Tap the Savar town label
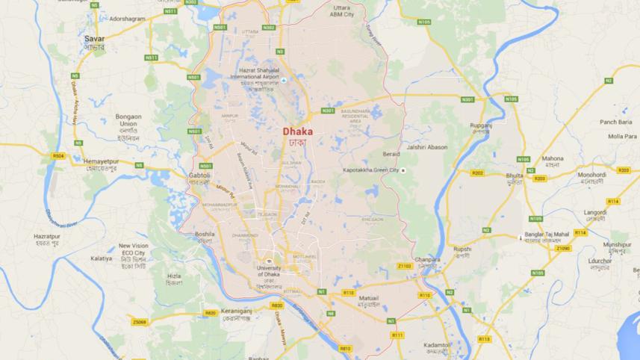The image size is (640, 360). click(94, 37)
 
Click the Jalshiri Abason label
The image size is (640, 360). click(427, 147)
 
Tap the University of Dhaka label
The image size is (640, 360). click(269, 270)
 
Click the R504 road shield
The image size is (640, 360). click(59, 155)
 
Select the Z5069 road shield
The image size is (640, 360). click(138, 322)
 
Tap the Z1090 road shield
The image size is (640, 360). click(562, 247)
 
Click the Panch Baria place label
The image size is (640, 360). click(615, 122)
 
